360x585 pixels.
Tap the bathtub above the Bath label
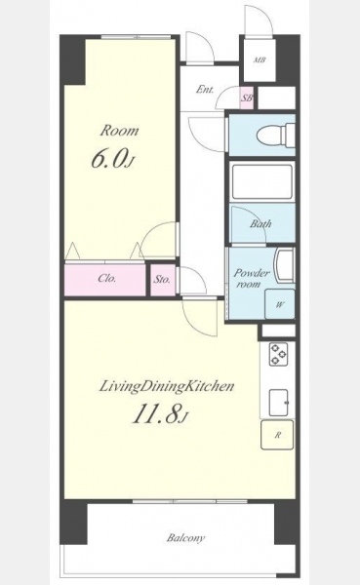pos(261,182)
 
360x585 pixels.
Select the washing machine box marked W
pos(280,304)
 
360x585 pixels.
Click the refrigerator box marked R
pos(277,435)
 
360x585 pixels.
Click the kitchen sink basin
pos(279,403)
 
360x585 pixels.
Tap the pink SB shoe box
pos(247,97)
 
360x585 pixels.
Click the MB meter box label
pos(260,59)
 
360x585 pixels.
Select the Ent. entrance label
pos(205,90)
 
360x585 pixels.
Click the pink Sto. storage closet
pos(163,279)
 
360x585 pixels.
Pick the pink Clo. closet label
pos(106,278)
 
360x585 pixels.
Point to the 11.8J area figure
pos(159,413)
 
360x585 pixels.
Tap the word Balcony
pos(185,538)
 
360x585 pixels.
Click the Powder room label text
pos(252,278)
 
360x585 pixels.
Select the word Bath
pos(260,224)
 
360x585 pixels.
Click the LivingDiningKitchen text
pos(167,387)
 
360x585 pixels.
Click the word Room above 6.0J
pos(119,131)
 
